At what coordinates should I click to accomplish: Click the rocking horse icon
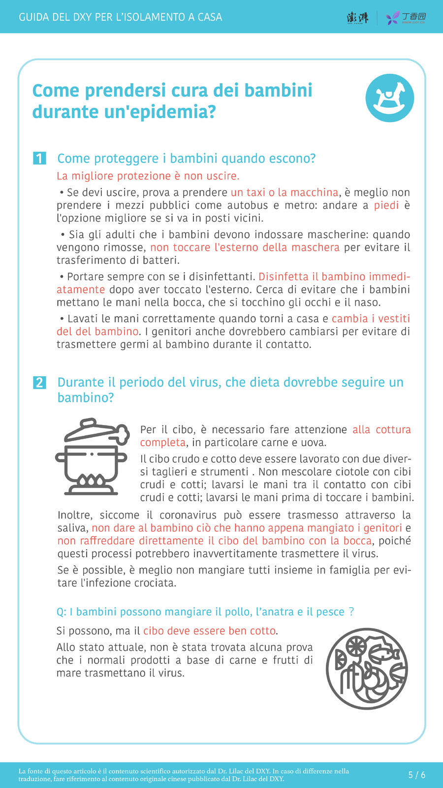click(389, 98)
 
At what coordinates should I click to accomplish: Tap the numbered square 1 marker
click(39, 158)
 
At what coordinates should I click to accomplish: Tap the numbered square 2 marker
click(39, 382)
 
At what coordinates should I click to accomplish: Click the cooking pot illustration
click(92, 457)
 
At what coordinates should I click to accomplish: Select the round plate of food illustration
click(367, 669)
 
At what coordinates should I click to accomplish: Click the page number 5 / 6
click(416, 775)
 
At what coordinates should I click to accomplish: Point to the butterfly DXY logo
click(393, 18)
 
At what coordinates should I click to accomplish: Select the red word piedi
click(386, 205)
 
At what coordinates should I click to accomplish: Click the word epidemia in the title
click(177, 112)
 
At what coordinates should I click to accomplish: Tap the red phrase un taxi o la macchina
click(285, 193)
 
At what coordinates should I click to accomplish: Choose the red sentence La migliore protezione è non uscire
click(148, 176)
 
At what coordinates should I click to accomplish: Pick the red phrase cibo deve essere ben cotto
click(210, 631)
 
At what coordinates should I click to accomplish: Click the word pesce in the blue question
click(330, 612)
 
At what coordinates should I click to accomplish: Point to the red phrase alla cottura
click(381, 429)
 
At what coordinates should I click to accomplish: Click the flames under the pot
click(91, 481)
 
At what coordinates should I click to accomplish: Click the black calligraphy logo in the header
click(357, 18)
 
